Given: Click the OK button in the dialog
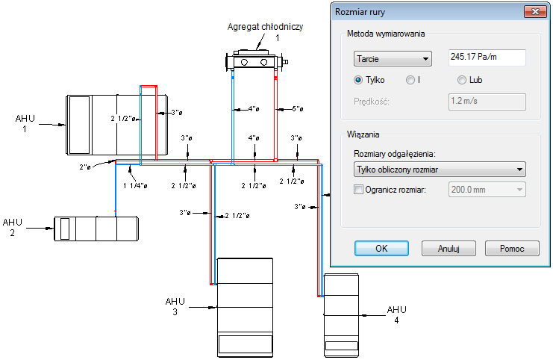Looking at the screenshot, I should pos(381,248).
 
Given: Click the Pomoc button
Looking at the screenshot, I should pos(512,248).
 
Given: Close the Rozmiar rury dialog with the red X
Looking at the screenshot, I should pos(534,11).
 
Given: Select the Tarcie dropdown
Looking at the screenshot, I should pos(393,58).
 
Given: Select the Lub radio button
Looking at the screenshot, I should pos(462,80).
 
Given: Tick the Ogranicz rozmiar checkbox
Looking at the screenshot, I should pos(358,190).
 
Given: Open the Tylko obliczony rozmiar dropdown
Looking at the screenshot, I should pos(439,170).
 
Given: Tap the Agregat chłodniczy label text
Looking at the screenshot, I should pos(264,27).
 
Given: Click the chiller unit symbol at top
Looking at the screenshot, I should pos(255,60).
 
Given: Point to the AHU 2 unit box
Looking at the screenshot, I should pos(96,228).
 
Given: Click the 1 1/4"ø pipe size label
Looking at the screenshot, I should pos(135,185).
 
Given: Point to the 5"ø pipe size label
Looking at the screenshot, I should pos(298,109).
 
